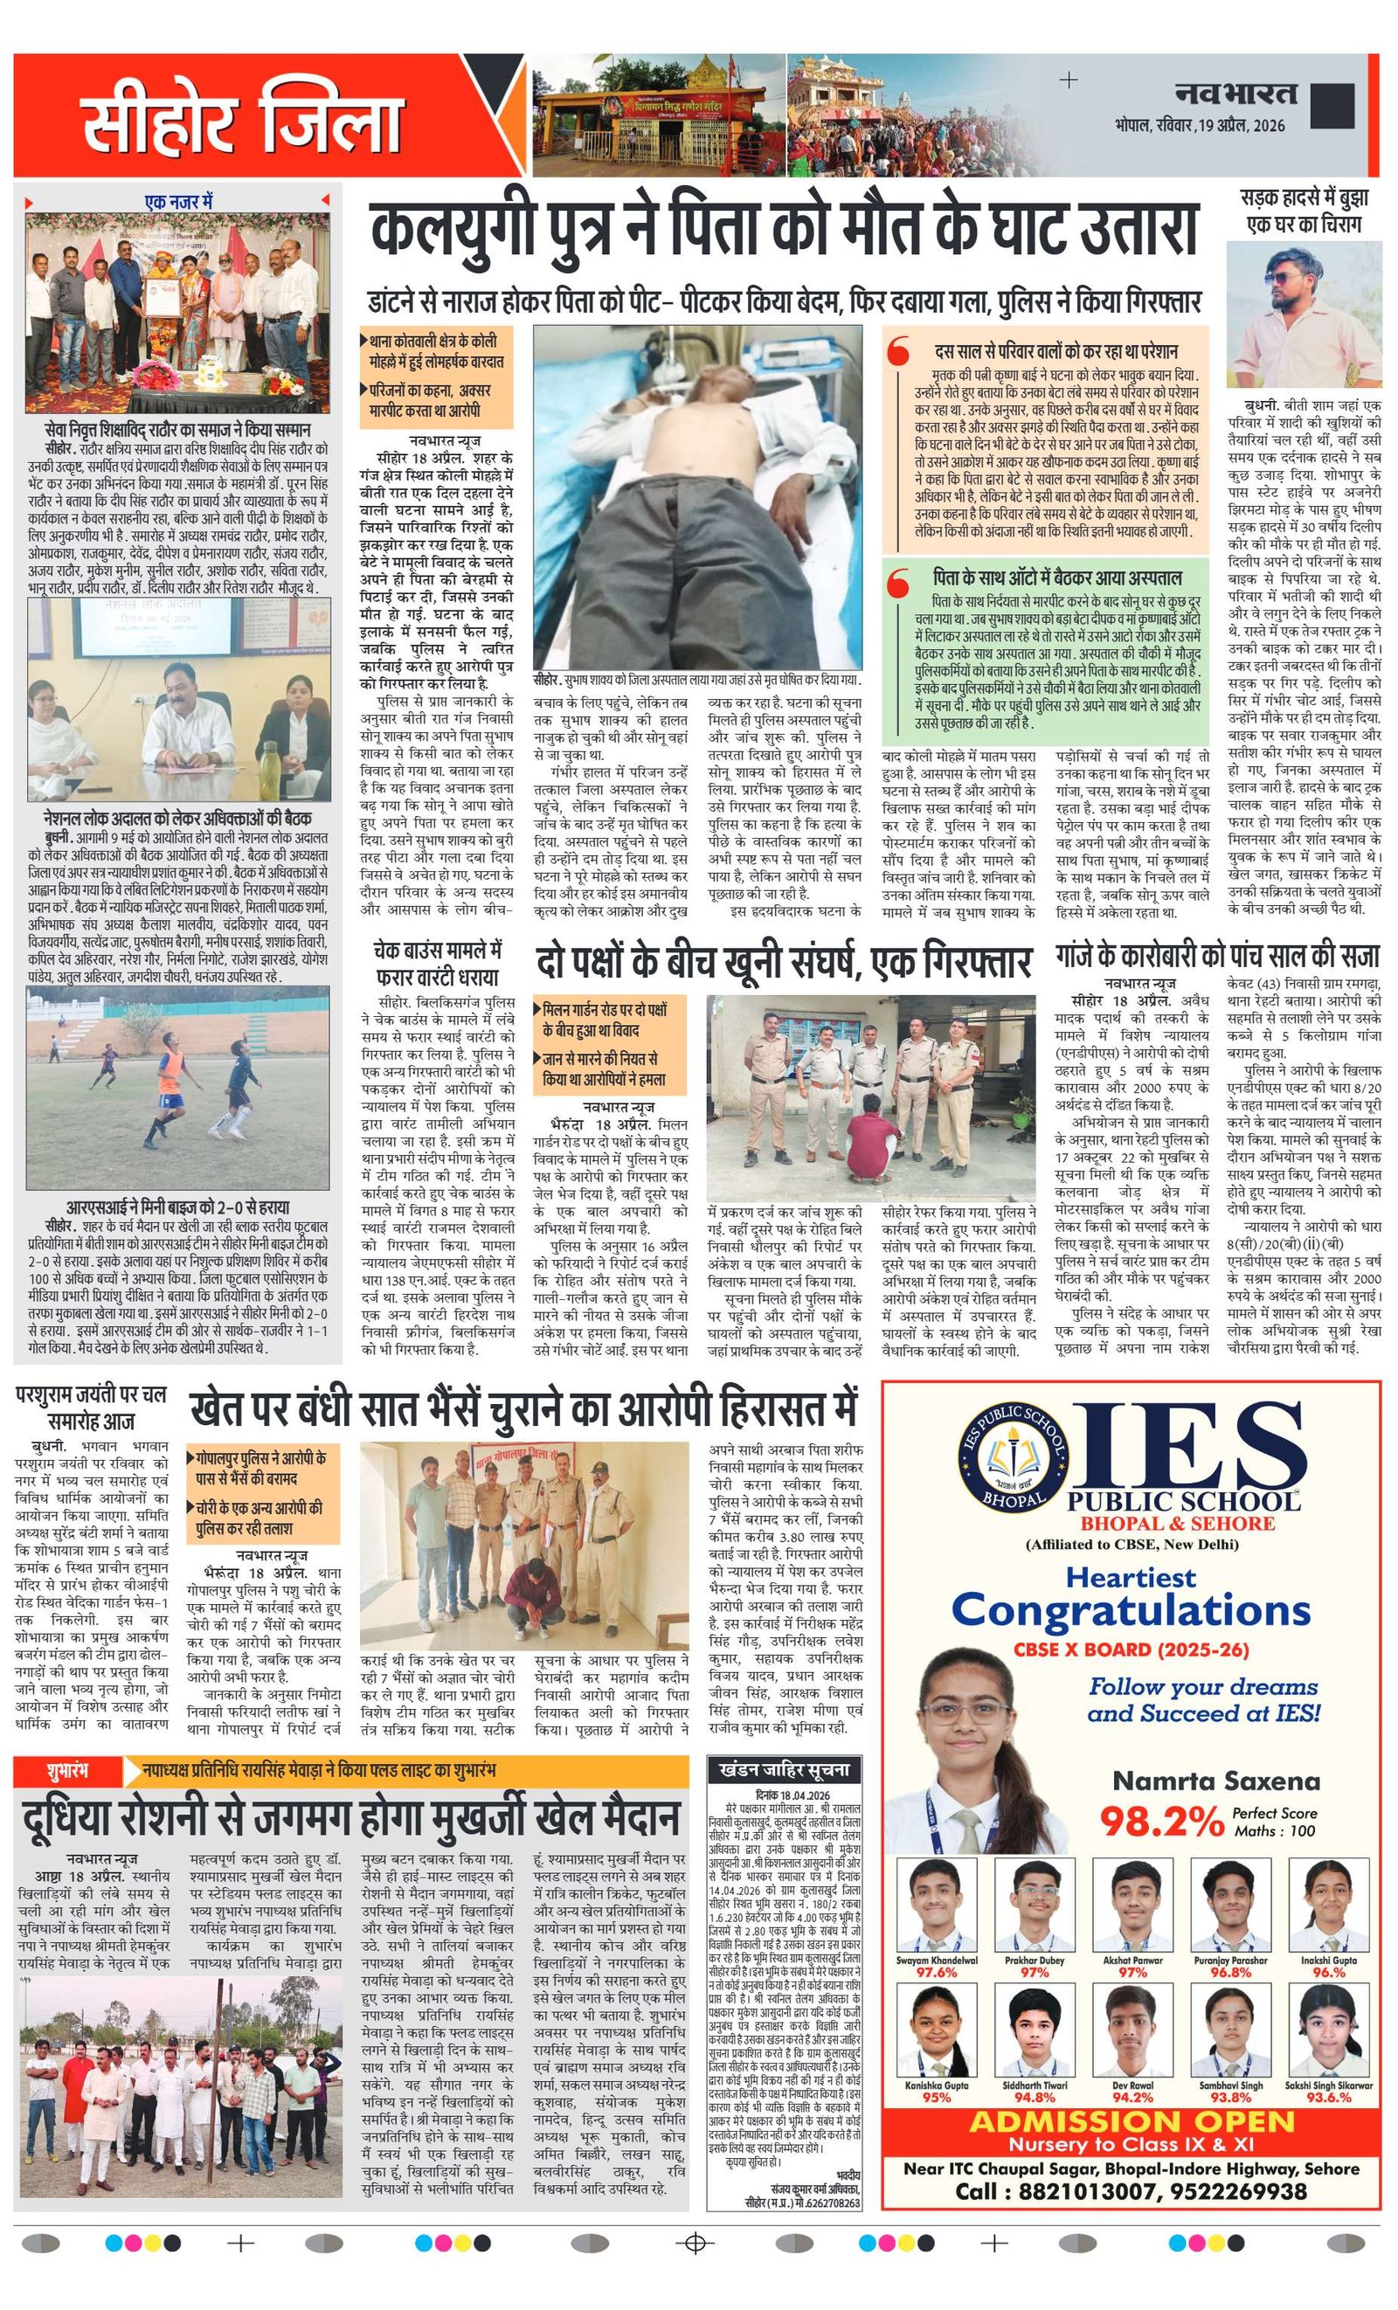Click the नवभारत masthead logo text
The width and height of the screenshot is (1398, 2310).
click(1236, 93)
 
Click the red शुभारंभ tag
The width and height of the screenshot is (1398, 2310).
click(67, 1770)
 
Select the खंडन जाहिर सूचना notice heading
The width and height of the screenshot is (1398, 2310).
click(783, 1769)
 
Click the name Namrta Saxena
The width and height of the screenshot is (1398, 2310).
click(1215, 1781)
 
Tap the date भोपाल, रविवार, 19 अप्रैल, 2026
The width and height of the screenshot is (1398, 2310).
click(1201, 126)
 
